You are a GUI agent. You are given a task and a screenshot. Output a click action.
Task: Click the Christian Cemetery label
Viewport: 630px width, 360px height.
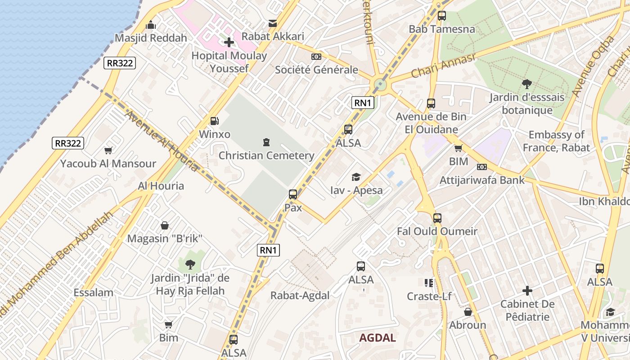(x=266, y=156)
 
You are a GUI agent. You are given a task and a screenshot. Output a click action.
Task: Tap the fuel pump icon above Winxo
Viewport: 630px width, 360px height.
(x=215, y=121)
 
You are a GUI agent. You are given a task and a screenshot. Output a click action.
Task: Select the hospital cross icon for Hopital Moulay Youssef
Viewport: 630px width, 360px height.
(x=229, y=42)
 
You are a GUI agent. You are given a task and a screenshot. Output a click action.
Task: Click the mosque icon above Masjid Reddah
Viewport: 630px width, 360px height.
(x=151, y=25)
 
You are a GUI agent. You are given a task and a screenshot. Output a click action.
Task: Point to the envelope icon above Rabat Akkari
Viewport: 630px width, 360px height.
(x=273, y=23)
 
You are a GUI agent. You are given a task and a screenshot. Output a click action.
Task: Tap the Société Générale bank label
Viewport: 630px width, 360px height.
(x=316, y=70)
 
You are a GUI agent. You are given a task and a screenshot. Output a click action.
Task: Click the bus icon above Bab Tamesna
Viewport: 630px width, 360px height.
(x=441, y=16)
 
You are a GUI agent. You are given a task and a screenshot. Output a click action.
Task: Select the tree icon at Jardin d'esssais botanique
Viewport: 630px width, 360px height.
(x=526, y=84)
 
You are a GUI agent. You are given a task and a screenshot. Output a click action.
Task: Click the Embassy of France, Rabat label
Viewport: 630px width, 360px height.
(x=556, y=141)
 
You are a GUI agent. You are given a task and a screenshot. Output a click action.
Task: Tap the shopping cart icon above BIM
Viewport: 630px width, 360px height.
(x=458, y=148)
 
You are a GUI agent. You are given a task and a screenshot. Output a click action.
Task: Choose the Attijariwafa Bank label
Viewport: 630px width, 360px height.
(x=482, y=180)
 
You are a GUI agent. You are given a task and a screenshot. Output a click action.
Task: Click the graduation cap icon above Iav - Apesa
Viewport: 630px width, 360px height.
(x=356, y=177)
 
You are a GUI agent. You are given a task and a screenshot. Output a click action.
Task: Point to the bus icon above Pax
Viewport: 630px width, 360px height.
(x=293, y=194)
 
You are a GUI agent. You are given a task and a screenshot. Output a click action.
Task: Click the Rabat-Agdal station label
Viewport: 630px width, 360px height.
(x=300, y=296)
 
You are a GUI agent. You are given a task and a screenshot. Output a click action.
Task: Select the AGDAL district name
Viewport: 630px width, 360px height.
(x=378, y=338)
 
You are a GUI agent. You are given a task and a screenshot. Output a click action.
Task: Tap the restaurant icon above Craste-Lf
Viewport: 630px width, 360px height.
(x=428, y=283)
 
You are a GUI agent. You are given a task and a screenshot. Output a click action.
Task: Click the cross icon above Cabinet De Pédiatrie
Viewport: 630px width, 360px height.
(x=527, y=291)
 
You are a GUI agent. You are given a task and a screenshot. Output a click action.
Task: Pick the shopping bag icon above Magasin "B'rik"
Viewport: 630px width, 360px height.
(x=165, y=225)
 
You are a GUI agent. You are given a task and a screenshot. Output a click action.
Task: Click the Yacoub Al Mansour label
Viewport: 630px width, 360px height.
(x=108, y=163)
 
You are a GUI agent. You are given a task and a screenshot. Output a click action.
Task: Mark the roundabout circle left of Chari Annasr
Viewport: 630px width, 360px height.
(x=380, y=84)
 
